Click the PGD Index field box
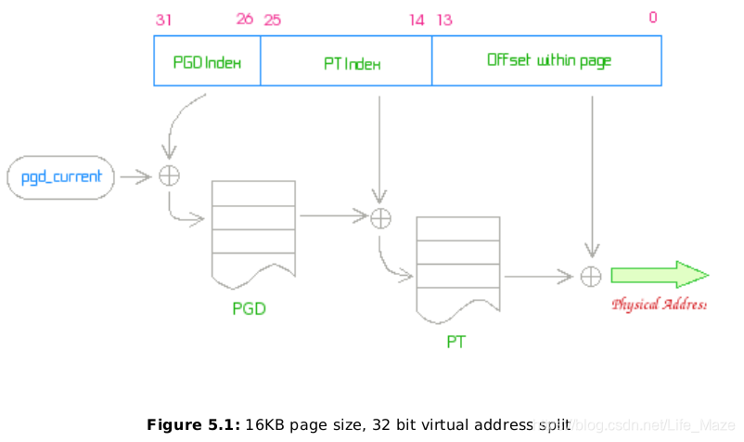coord(207,61)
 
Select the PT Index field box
coord(346,61)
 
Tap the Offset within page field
coord(547,61)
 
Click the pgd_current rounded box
coord(61,176)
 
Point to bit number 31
coord(164,19)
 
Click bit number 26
coord(244,19)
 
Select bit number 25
coord(273,19)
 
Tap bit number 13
coord(444,19)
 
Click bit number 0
coord(653,18)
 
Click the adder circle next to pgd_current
coord(169,175)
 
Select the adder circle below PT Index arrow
coord(380,218)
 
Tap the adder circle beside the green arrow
coord(591,276)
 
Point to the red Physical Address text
coord(659,304)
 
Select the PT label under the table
coord(455,342)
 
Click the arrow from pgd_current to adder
coord(135,175)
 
